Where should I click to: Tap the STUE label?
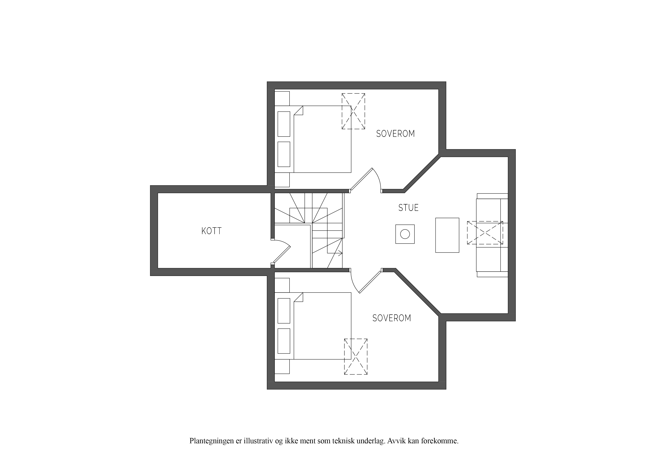pyautogui.click(x=408, y=208)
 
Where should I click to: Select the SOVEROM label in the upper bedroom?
pyautogui.click(x=395, y=134)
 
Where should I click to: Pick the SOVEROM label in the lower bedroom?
pyautogui.click(x=392, y=318)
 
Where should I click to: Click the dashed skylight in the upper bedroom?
pyautogui.click(x=353, y=111)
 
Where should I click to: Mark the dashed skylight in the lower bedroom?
pyautogui.click(x=356, y=357)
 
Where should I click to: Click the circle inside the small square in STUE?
pyautogui.click(x=405, y=234)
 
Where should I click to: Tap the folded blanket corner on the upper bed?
pyautogui.click(x=298, y=111)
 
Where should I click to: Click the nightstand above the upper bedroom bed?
pyautogui.click(x=282, y=98)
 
